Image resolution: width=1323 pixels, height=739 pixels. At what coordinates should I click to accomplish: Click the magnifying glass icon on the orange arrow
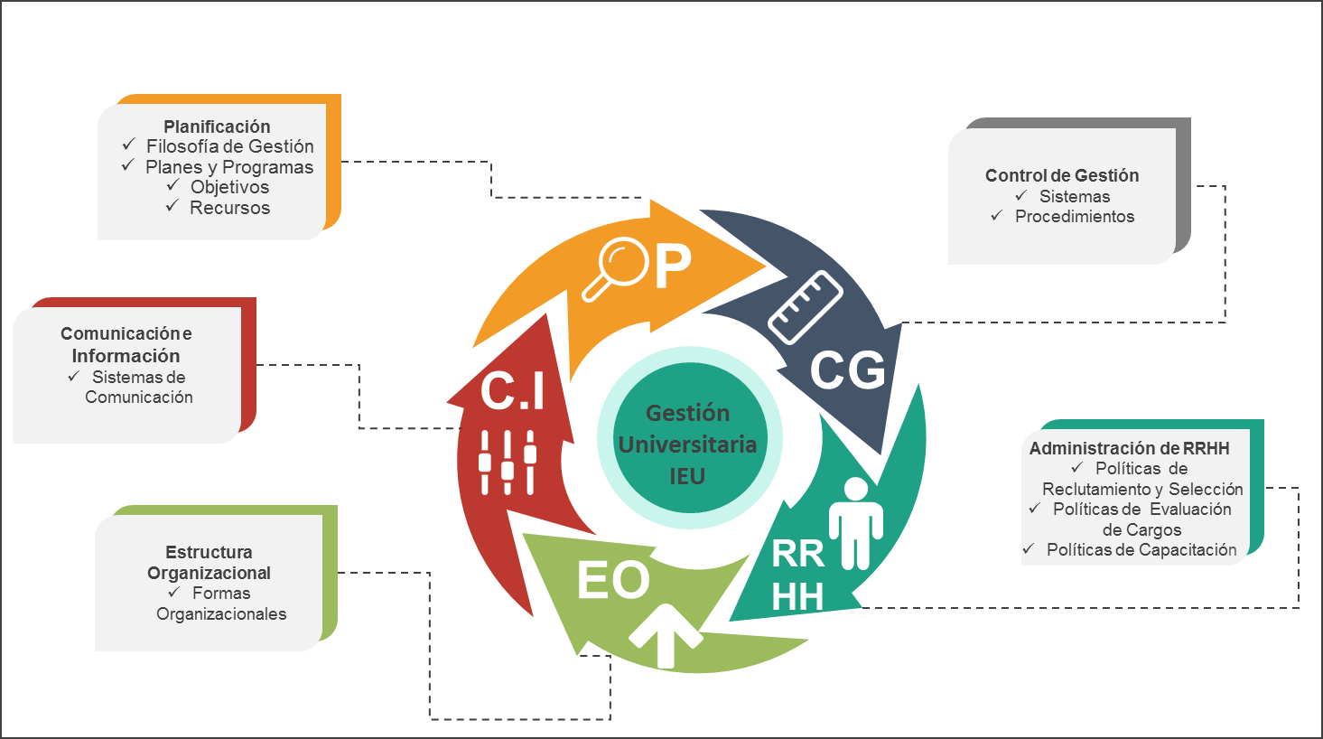click(615, 268)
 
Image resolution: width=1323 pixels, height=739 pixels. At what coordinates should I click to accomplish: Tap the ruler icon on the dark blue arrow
click(805, 307)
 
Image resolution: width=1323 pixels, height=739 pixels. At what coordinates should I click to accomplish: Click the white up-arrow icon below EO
click(666, 634)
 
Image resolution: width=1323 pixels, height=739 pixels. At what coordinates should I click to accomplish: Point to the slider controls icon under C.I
click(507, 462)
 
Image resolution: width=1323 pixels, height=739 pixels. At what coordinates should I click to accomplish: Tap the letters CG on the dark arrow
click(847, 370)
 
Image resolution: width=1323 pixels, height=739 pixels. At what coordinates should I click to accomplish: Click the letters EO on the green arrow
click(613, 581)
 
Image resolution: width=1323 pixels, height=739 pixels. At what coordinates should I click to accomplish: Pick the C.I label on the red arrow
click(512, 391)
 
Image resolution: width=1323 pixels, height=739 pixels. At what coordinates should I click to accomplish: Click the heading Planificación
click(217, 126)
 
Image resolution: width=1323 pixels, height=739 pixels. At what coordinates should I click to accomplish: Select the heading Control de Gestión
click(1062, 175)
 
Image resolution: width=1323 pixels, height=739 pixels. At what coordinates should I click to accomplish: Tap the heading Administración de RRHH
click(1129, 448)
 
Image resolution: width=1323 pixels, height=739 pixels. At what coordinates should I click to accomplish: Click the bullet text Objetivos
click(229, 187)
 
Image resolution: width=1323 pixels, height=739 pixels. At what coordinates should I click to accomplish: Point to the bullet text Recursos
click(229, 208)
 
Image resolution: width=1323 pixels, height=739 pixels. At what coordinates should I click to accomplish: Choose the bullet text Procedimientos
click(1074, 216)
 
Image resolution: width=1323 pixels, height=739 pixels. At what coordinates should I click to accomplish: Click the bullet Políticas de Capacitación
click(1141, 549)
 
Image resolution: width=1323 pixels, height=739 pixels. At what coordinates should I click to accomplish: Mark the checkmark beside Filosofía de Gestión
click(128, 145)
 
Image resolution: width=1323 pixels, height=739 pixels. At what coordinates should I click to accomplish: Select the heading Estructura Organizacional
click(209, 562)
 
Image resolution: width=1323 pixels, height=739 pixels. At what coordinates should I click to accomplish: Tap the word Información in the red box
click(126, 356)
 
